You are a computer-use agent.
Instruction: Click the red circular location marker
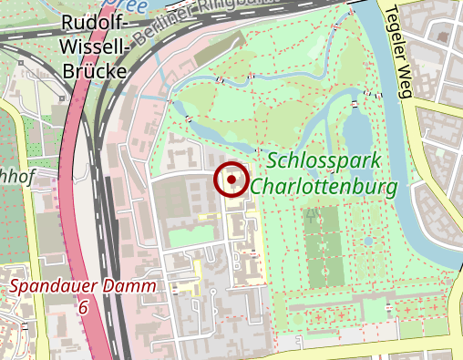point(231,180)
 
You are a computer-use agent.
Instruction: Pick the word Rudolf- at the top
point(89,25)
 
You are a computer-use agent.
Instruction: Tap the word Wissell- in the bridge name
point(90,46)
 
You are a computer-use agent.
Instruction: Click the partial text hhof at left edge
point(17,177)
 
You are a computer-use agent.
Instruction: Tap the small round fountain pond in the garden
point(368,242)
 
